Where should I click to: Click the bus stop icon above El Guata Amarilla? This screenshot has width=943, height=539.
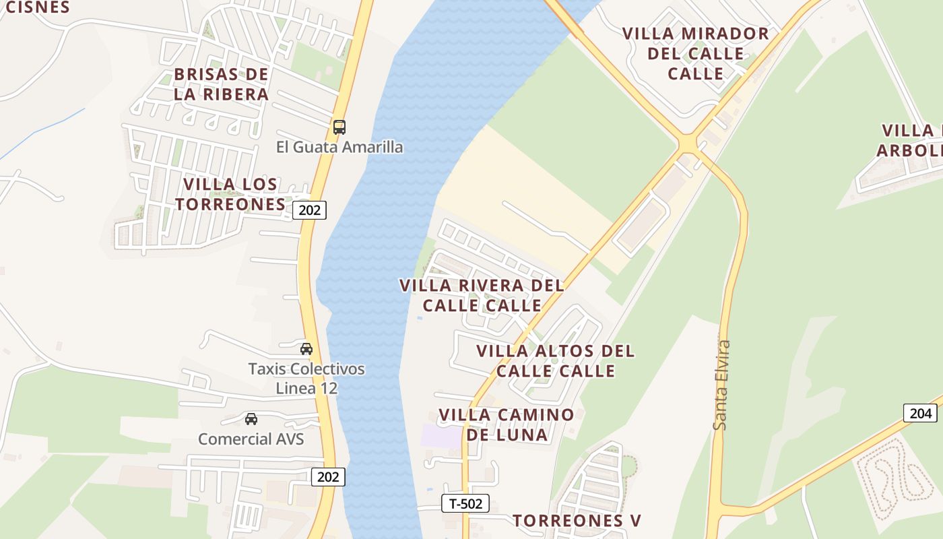(339, 127)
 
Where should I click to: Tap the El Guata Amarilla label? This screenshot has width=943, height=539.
(339, 147)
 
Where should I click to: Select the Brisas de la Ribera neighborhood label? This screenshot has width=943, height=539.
(221, 84)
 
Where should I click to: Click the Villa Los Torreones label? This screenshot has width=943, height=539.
(231, 194)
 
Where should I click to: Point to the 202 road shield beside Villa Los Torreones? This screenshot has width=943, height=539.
(309, 210)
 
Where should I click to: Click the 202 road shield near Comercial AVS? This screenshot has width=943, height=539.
(328, 477)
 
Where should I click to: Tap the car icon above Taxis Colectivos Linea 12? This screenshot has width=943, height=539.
(306, 349)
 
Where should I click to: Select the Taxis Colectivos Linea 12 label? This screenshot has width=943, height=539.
(306, 379)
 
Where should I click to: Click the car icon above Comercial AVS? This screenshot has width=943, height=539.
(251, 419)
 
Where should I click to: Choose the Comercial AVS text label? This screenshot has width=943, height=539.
(251, 439)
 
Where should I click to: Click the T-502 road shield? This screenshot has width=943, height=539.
(465, 503)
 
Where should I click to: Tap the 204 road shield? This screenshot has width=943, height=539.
(920, 413)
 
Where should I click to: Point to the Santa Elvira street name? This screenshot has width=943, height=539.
(721, 385)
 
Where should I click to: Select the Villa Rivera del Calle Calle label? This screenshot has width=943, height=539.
(482, 295)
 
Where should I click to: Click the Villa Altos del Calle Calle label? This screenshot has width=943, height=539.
(556, 361)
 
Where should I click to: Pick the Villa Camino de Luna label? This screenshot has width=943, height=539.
(507, 424)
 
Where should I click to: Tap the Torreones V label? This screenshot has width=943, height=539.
(577, 520)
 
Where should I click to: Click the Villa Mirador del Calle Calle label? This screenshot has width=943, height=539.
(695, 53)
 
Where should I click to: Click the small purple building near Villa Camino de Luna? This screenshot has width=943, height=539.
(441, 435)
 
